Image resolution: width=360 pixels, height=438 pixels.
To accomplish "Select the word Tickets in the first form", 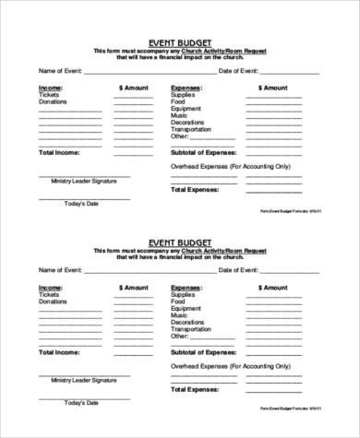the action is [x=49, y=95].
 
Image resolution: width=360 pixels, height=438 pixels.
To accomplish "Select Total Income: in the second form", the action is [x=59, y=351].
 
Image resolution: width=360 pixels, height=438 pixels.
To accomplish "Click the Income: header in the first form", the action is [x=51, y=88].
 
